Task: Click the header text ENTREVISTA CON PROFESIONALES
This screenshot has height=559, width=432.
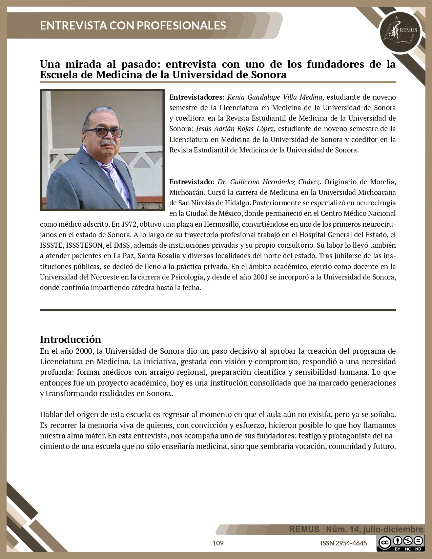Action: (133, 25)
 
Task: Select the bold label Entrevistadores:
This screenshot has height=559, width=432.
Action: (197, 97)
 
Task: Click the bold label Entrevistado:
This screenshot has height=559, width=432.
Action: (192, 182)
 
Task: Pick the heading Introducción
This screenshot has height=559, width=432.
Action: (70, 339)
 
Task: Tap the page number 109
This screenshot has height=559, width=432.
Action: (218, 543)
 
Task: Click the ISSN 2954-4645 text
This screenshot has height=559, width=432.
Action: (344, 543)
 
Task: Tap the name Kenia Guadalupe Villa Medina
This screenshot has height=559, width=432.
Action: (274, 97)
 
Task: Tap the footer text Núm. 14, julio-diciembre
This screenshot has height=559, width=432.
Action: (374, 529)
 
